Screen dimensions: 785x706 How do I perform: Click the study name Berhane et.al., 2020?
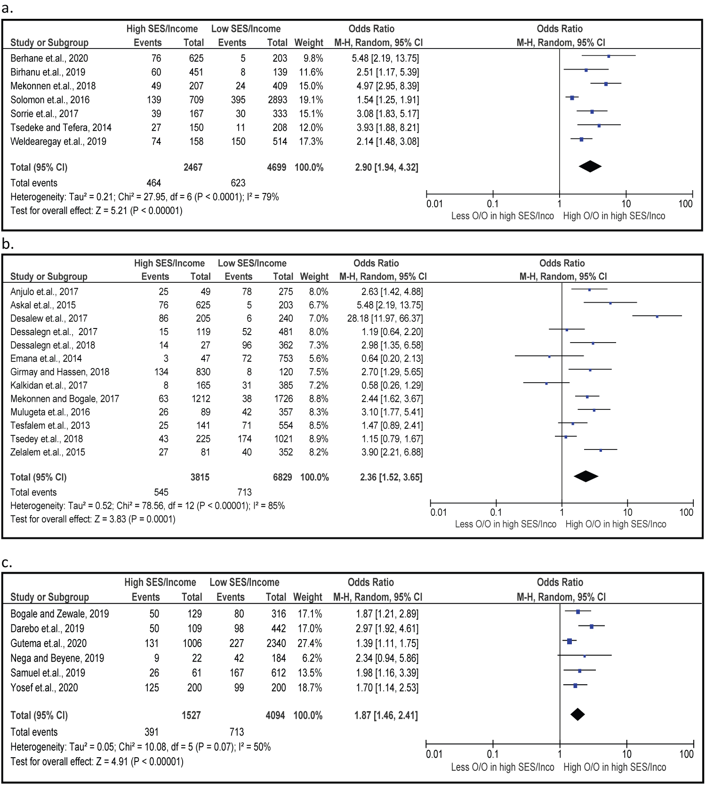pyautogui.click(x=49, y=58)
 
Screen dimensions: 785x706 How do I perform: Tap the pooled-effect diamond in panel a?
pyautogui.click(x=590, y=167)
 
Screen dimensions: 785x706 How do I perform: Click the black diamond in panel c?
pyautogui.click(x=578, y=714)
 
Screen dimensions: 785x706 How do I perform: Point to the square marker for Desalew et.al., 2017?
pyautogui.click(x=657, y=316)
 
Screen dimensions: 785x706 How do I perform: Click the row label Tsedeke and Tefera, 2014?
pyautogui.click(x=61, y=128)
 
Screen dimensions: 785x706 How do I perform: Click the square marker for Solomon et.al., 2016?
pyautogui.click(x=572, y=98)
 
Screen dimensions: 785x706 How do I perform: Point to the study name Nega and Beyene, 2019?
pyautogui.click(x=57, y=658)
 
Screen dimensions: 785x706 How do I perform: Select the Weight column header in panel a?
pyautogui.click(x=309, y=43)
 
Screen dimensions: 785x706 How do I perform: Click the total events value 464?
pyautogui.click(x=153, y=183)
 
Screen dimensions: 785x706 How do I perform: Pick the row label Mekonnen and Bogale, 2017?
pyautogui.click(x=64, y=399)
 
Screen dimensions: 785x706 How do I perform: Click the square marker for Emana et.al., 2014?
pyautogui.click(x=549, y=357)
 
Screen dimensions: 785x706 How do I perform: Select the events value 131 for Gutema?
pyautogui.click(x=152, y=643)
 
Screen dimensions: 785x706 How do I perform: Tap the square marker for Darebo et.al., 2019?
pyautogui.click(x=591, y=626)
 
